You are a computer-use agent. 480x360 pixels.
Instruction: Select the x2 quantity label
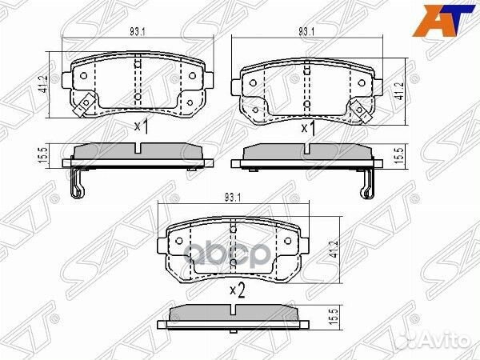[x=235, y=289]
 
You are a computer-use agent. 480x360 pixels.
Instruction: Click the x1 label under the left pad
[x=142, y=126]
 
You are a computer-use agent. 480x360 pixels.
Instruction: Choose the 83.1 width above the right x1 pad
[x=305, y=31]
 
